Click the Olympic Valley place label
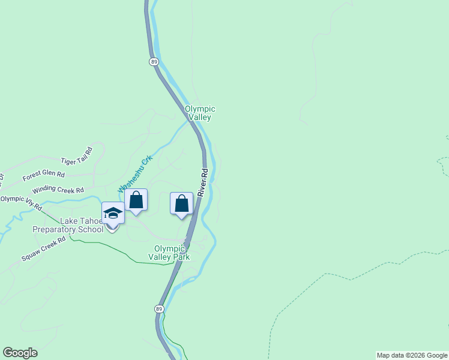click(x=200, y=113)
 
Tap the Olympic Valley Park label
click(x=172, y=253)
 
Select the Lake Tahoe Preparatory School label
click(x=68, y=225)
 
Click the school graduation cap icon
click(x=113, y=213)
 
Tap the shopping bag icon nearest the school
click(x=136, y=200)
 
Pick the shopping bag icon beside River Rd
click(x=181, y=204)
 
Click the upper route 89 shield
click(x=154, y=62)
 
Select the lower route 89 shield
click(x=158, y=308)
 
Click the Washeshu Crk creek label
click(x=136, y=173)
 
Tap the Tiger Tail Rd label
click(x=77, y=156)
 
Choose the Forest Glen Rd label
click(x=43, y=175)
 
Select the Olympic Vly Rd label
click(x=21, y=202)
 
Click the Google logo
click(x=20, y=353)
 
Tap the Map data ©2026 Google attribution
click(x=412, y=355)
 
